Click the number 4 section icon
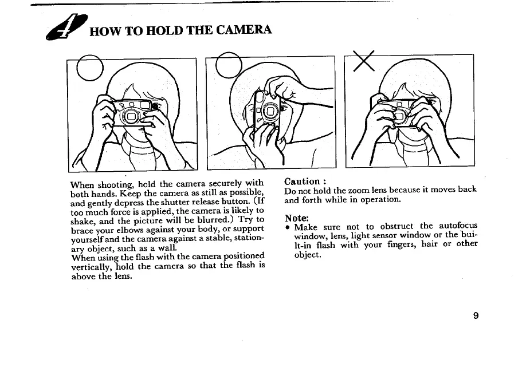pyautogui.click(x=67, y=27)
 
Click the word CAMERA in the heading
pyautogui.click(x=244, y=30)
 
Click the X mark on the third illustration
pyautogui.click(x=364, y=61)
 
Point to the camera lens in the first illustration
pyautogui.click(x=131, y=116)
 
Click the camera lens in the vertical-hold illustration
pyautogui.click(x=269, y=112)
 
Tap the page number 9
pyautogui.click(x=476, y=315)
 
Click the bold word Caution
pyautogui.click(x=302, y=181)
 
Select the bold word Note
pyautogui.click(x=296, y=218)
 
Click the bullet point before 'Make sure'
pyautogui.click(x=288, y=227)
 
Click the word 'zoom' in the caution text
pyautogui.click(x=358, y=191)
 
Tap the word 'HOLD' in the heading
pyautogui.click(x=164, y=30)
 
